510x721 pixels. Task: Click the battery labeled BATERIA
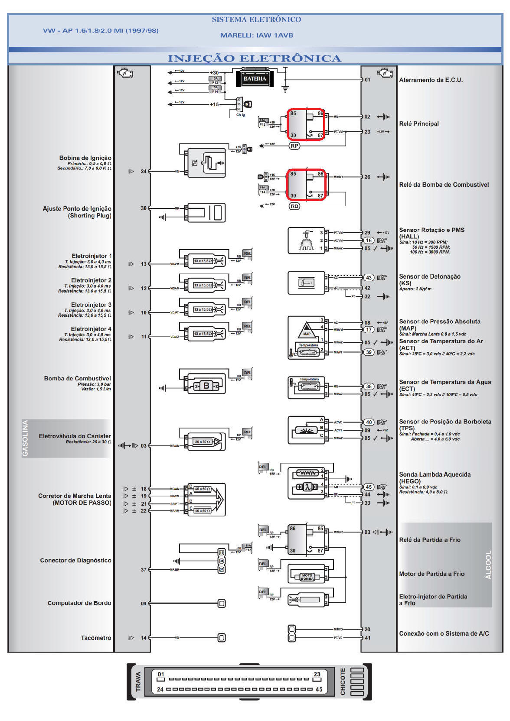click(255, 79)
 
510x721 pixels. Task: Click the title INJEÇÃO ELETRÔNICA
click(255, 58)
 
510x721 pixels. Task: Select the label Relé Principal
click(419, 123)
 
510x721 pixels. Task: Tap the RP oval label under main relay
click(294, 146)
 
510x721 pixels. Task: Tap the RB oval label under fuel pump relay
click(294, 206)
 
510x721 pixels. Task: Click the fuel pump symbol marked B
click(206, 386)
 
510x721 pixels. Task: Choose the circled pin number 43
click(369, 278)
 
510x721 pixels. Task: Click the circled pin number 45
click(369, 487)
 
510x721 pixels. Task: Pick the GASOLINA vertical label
click(26, 438)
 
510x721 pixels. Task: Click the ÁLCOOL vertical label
click(488, 565)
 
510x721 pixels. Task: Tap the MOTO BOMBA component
click(307, 577)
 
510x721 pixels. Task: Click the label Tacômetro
click(96, 638)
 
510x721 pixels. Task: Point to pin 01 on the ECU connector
click(161, 675)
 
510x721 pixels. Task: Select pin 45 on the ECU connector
click(319, 689)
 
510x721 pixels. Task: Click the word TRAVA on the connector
click(138, 682)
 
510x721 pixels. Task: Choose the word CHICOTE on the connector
click(343, 682)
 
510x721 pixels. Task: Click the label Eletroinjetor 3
click(91, 305)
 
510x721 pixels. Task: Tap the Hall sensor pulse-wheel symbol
click(306, 241)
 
